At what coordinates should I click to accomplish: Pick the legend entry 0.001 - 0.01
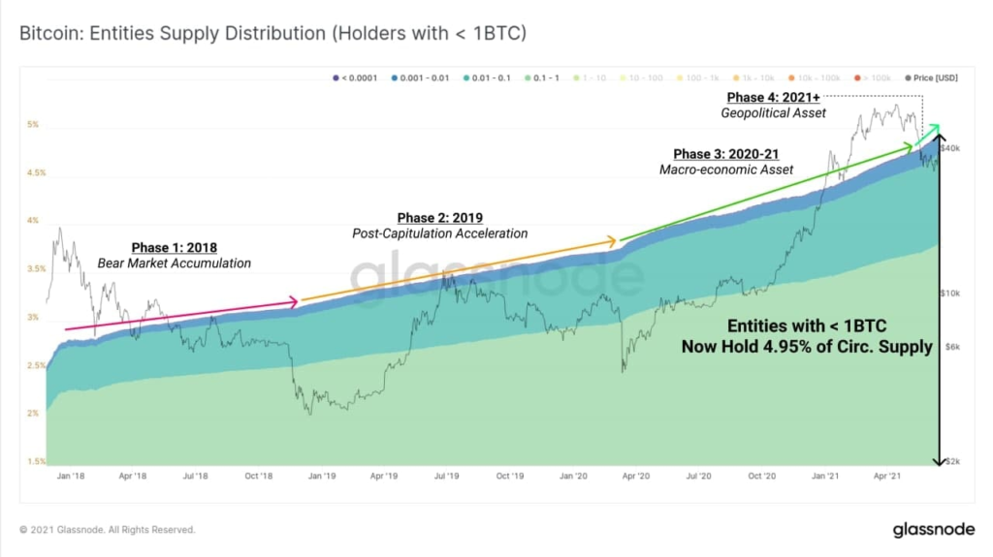click(x=422, y=77)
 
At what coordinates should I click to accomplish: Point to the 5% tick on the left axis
click(x=33, y=125)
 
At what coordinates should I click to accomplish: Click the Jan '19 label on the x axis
click(x=322, y=477)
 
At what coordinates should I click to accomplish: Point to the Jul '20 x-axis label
click(x=698, y=477)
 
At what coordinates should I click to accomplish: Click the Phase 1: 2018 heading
click(x=174, y=248)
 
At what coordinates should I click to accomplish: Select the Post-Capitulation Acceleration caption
click(x=439, y=233)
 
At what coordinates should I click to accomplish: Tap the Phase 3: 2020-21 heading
click(x=725, y=155)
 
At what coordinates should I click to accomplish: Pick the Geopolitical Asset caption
click(x=773, y=113)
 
